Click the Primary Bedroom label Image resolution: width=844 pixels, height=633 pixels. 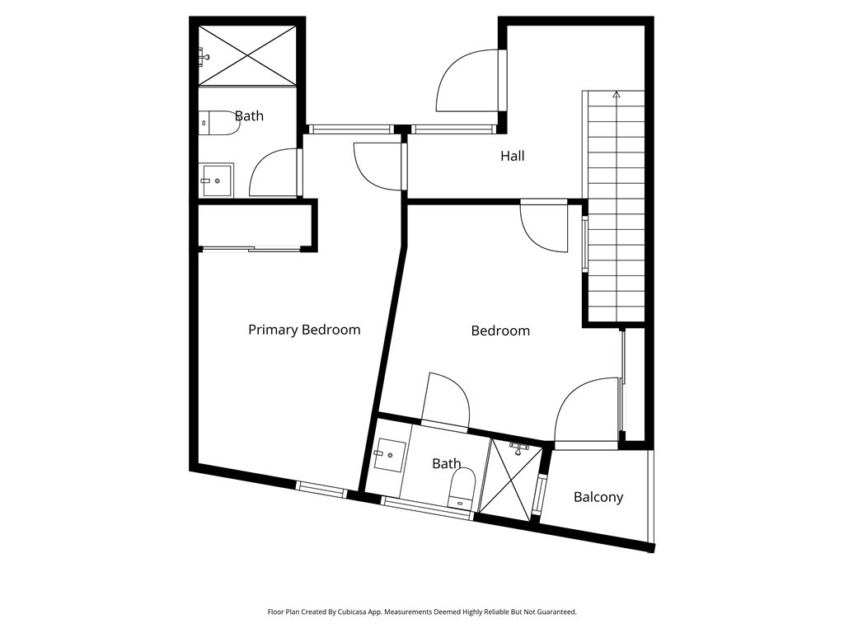(304, 330)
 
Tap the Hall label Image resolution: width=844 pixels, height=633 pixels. (512, 156)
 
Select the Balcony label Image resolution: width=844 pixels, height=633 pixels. (598, 497)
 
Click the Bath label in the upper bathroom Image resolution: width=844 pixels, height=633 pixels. (249, 116)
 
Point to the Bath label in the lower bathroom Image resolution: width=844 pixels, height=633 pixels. (446, 464)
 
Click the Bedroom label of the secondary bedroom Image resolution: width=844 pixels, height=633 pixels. (500, 331)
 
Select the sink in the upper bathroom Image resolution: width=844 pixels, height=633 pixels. (217, 181)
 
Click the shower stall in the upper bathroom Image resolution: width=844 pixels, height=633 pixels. (247, 54)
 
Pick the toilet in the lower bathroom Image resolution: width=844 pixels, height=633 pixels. (462, 487)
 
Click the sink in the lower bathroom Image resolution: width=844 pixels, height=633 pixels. (389, 453)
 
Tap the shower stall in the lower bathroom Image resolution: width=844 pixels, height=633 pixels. (511, 480)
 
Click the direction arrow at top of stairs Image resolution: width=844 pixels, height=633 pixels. (616, 95)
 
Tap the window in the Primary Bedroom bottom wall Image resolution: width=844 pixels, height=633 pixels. (321, 490)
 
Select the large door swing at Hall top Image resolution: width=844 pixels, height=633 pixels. (467, 79)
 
